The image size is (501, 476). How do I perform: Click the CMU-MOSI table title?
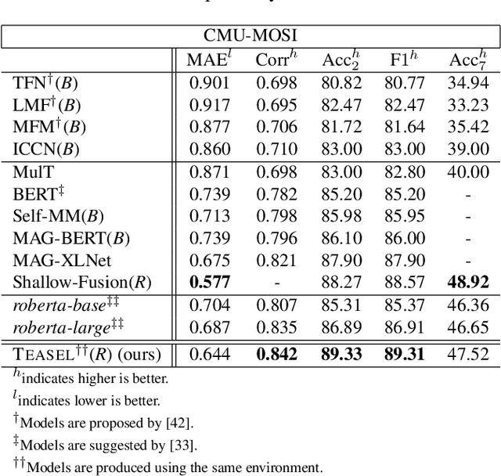[x=250, y=35]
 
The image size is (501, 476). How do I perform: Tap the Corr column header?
[x=276, y=59]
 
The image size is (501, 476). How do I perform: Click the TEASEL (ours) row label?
[x=86, y=355]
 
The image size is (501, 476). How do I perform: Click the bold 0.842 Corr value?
[x=276, y=355]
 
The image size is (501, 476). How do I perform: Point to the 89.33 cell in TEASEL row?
[x=341, y=355]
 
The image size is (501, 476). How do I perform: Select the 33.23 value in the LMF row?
[x=468, y=103]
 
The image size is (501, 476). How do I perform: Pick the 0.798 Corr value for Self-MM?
[x=276, y=215]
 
